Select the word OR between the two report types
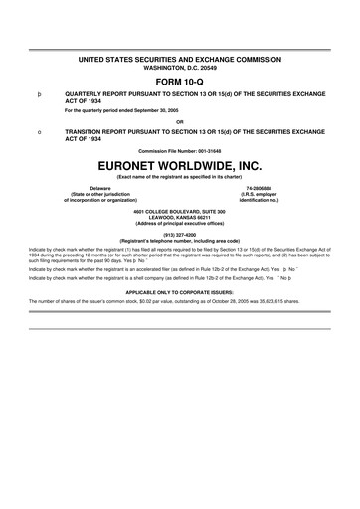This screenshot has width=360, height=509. point(179,122)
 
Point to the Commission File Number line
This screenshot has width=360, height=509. point(179,150)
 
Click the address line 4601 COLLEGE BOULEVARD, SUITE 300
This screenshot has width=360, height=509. point(179,211)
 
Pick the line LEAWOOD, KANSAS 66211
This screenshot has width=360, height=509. point(179,217)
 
